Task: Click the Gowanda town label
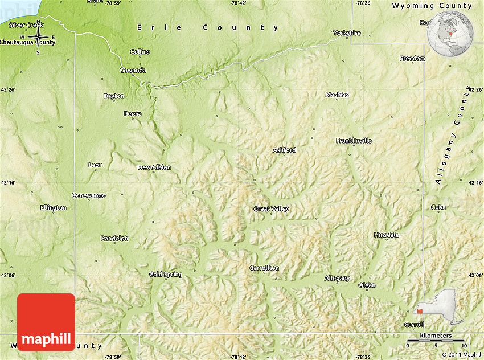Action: coord(133,71)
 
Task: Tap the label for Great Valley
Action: coord(271,209)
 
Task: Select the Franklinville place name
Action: coord(353,141)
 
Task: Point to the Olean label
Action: coord(367,285)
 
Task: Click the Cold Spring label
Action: coord(166,275)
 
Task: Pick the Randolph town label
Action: coord(114,238)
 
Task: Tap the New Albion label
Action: coord(154,167)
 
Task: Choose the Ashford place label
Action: coord(284,150)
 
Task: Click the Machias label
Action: coord(337,95)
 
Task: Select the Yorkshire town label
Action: coord(347,33)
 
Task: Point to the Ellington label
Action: coord(53,208)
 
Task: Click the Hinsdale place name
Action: coord(386,235)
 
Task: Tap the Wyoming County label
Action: coord(432,6)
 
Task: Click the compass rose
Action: coord(38,38)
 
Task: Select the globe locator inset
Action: coord(451,34)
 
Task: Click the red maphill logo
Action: coord(46,322)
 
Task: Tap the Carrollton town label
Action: coord(264,268)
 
